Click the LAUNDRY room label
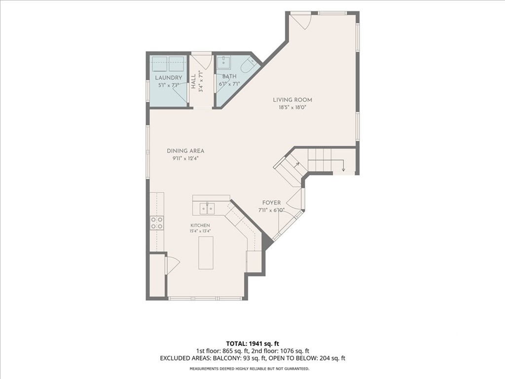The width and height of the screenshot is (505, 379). coord(169,77)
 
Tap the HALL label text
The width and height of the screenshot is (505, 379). coord(193,81)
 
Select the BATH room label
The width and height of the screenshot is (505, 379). coord(229,76)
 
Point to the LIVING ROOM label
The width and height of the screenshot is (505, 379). coord(292,100)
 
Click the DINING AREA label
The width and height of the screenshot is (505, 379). coord(185,151)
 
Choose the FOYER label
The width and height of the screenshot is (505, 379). coord(272,203)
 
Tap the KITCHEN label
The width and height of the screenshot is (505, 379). coord(200,226)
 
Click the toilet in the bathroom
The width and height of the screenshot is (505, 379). coord(248,66)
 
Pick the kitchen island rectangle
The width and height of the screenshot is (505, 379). coord(206,253)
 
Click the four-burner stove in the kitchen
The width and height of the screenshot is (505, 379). coord(157,223)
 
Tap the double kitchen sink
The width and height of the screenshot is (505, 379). coord(207,209)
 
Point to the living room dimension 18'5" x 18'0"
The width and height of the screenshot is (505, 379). coord(292,108)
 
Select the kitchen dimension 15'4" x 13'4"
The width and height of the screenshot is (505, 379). coord(200,231)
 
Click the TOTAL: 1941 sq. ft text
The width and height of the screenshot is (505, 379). coord(250,343)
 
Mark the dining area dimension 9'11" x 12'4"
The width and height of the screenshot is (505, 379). coord(185,158)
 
